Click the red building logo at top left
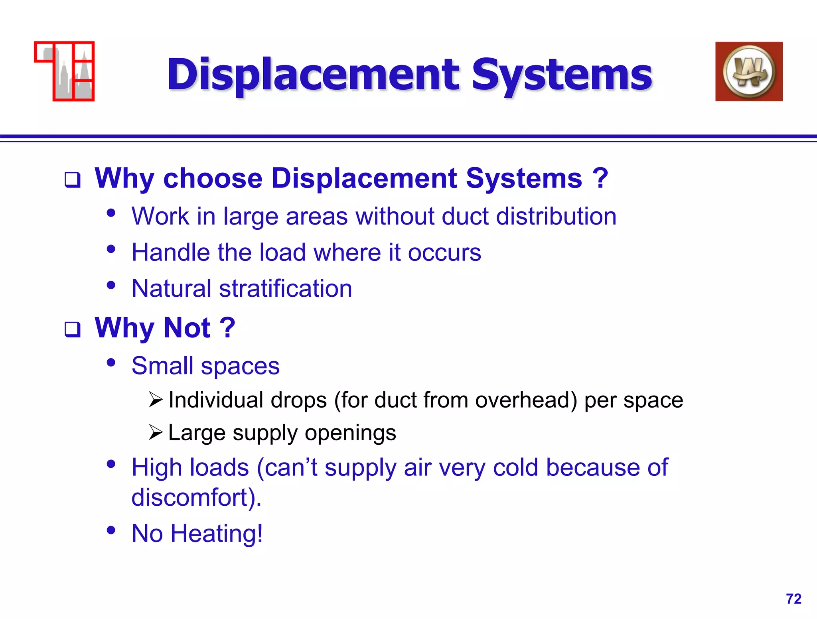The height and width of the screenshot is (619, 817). (65, 71)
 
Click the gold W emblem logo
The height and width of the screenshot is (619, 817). (749, 71)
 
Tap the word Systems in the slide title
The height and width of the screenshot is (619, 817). (562, 75)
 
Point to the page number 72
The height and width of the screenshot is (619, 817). (793, 599)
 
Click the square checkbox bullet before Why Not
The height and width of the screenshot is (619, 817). (73, 329)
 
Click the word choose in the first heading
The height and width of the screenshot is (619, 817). (213, 178)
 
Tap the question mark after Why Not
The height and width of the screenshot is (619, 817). (227, 327)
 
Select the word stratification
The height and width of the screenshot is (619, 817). (285, 288)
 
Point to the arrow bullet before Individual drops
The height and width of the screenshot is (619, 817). (156, 400)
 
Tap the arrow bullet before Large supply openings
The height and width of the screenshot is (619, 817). (156, 432)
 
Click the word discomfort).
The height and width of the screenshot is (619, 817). (196, 497)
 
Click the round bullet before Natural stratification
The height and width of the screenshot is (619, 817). (111, 285)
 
